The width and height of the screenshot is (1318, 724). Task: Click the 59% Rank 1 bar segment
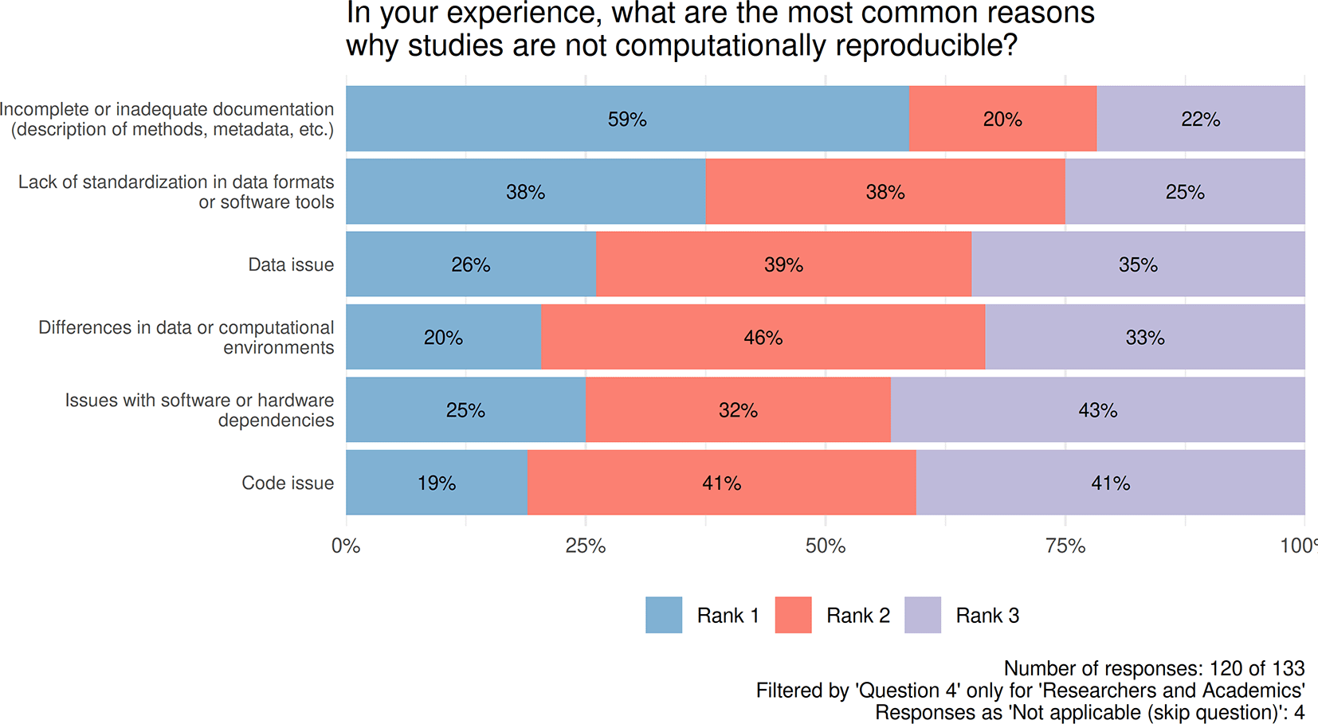click(627, 119)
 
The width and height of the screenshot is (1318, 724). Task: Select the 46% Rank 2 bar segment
click(763, 337)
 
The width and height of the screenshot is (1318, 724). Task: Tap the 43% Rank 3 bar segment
click(1097, 410)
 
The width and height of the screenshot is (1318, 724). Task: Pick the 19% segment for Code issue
click(437, 483)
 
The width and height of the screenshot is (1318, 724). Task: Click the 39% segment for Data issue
click(783, 264)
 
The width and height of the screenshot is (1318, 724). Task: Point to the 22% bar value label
click(1200, 119)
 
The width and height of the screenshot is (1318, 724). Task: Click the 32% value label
click(738, 410)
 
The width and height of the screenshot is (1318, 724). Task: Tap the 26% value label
click(470, 264)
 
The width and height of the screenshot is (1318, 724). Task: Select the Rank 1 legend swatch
click(664, 615)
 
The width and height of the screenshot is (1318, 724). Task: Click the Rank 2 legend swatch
click(793, 615)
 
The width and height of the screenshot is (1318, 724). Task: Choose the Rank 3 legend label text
click(987, 616)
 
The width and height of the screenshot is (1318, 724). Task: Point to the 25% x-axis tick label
click(586, 546)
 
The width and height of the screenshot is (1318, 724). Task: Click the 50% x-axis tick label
click(826, 546)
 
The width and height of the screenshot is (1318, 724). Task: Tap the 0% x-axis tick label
click(346, 546)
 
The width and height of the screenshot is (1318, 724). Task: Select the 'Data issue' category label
click(291, 264)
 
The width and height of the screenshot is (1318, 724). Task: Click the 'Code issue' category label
click(288, 483)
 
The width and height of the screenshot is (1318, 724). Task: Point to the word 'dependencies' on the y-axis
click(276, 421)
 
